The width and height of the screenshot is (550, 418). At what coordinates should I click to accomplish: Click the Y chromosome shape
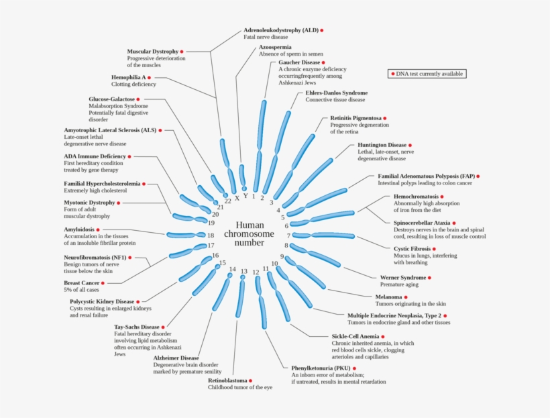242,177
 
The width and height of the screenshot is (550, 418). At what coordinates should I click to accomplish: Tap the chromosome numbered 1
260,146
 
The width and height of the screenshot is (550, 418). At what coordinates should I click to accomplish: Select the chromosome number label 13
244,271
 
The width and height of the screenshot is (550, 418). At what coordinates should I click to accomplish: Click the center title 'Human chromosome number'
250,233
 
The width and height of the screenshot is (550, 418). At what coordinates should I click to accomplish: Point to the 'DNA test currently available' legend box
427,74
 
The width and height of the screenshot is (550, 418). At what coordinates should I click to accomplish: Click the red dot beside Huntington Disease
410,145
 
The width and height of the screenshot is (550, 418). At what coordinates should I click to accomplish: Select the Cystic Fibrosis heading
412,249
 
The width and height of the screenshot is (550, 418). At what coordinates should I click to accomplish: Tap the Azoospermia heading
275,47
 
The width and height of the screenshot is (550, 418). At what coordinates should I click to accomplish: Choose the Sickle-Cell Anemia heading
355,336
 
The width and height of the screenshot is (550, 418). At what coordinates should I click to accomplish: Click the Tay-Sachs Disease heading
136,327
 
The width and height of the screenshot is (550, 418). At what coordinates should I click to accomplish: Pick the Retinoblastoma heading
227,380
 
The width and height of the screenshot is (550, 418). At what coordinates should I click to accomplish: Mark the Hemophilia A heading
128,77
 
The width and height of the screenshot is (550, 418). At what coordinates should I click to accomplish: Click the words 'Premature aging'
399,284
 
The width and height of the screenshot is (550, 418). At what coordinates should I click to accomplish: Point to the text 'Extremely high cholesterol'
95,191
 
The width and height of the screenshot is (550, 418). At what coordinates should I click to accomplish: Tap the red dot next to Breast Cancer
103,283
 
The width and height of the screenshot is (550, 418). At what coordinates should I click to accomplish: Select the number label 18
211,236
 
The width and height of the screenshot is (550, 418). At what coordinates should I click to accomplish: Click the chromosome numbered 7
323,236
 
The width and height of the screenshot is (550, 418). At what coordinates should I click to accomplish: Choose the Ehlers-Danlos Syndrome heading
337,93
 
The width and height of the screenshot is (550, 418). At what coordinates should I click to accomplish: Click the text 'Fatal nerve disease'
266,37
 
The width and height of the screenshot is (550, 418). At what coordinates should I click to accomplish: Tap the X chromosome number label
237,199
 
